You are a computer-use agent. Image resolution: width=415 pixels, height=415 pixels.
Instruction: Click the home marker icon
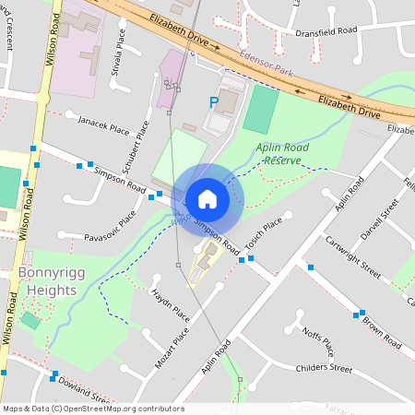point(207,199)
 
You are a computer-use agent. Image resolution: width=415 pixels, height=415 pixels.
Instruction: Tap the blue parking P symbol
point(215,103)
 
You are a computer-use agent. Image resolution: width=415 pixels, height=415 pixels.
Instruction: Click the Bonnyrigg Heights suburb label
point(46,282)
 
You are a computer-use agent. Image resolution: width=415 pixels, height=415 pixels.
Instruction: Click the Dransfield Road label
point(326,30)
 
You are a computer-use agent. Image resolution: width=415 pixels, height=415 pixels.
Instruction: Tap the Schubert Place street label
point(130,143)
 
